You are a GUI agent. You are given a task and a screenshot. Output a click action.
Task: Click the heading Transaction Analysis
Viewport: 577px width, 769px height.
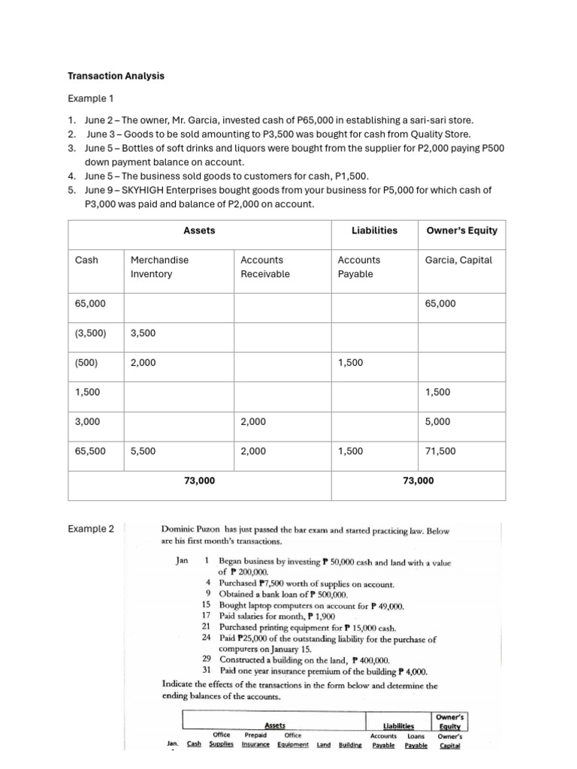pos(116,76)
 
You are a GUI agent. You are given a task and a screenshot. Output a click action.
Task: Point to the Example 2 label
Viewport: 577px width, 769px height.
pos(91,529)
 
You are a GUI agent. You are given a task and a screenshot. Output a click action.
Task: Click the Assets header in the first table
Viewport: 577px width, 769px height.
pos(199,231)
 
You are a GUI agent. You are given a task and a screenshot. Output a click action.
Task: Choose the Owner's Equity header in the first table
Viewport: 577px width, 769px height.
pos(461,231)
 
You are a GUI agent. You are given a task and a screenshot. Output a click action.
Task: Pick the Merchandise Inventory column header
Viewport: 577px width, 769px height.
pos(159,267)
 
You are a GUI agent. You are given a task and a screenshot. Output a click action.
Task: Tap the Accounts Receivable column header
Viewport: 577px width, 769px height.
pos(261,267)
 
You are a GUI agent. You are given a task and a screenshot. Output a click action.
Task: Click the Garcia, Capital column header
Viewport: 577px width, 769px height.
pos(458,260)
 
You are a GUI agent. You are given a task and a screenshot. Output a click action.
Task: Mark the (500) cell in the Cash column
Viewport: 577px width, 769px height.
pos(86,363)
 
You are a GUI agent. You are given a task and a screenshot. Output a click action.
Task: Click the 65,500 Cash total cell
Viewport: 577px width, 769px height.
pos(90,451)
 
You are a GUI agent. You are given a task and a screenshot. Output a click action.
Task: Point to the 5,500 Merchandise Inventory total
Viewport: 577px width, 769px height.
pos(143,451)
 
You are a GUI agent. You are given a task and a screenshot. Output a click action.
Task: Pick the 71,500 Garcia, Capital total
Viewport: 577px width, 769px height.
pos(440,451)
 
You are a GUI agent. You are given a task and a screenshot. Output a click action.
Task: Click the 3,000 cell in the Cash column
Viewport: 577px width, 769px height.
pos(87,422)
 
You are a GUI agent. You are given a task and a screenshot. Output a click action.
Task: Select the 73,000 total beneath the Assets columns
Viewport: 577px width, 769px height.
pos(199,481)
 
